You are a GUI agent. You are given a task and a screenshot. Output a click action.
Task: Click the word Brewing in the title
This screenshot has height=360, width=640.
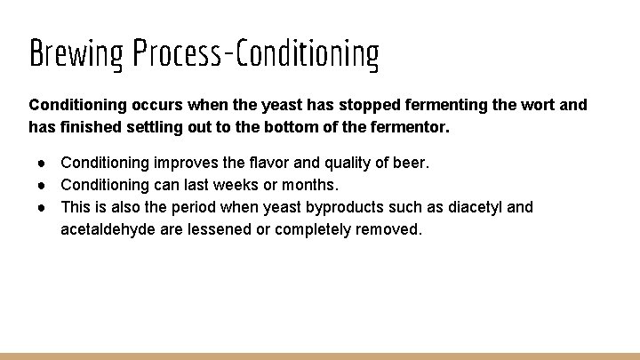76,54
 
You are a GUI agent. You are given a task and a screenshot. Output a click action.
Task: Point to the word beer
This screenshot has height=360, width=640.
412,164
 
